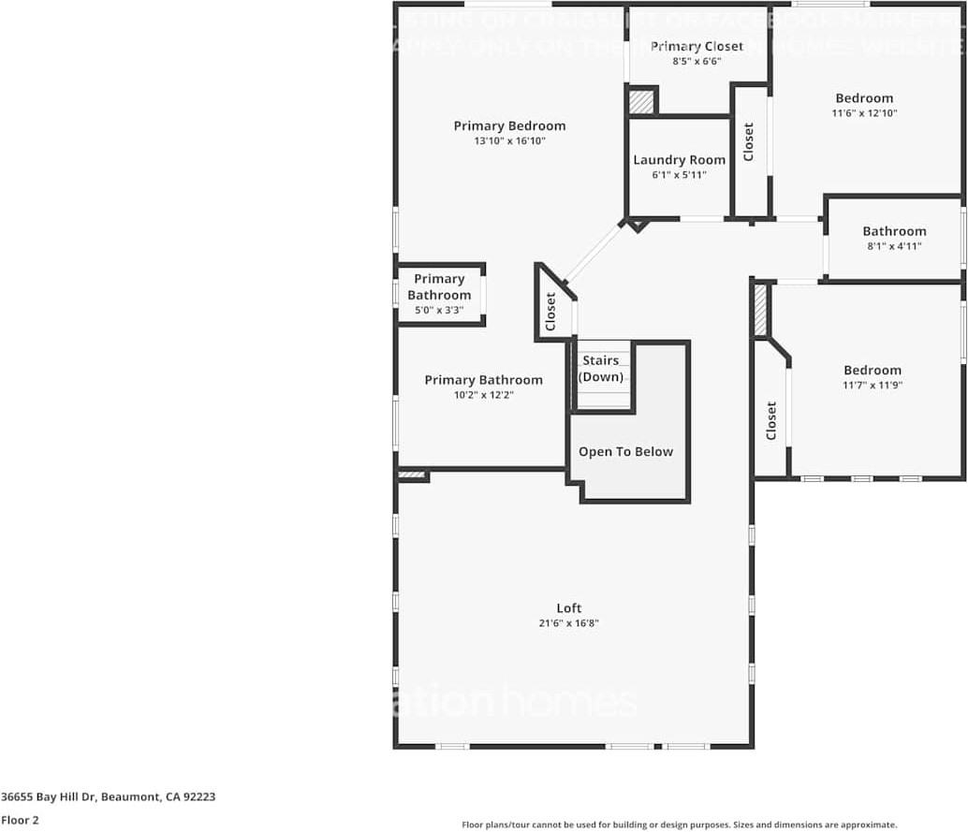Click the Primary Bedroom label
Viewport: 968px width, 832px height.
pos(509,125)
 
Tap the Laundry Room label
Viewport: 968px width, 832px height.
pos(679,160)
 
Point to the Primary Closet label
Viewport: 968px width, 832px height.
pos(697,46)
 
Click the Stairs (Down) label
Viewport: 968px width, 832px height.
pos(600,369)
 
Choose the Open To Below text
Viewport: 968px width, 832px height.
pos(625,452)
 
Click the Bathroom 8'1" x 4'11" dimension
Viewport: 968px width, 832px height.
pos(894,246)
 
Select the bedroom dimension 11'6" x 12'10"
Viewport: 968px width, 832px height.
pos(864,113)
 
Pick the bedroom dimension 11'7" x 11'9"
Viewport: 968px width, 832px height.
pos(872,385)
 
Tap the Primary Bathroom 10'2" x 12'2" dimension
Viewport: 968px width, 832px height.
pos(483,395)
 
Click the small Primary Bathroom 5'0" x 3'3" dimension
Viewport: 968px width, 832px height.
pos(439,310)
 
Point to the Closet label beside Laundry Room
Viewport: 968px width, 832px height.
pos(749,142)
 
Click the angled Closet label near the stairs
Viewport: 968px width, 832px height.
pos(550,312)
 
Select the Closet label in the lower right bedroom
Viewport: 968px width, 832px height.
pos(771,421)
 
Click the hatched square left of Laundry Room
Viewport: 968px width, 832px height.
pos(641,101)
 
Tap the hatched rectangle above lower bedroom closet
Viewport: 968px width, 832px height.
pos(761,310)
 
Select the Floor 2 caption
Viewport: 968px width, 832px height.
pos(20,820)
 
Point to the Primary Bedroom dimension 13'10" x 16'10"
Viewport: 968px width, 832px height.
pos(509,141)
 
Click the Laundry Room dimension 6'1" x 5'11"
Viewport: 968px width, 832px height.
pos(679,175)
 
